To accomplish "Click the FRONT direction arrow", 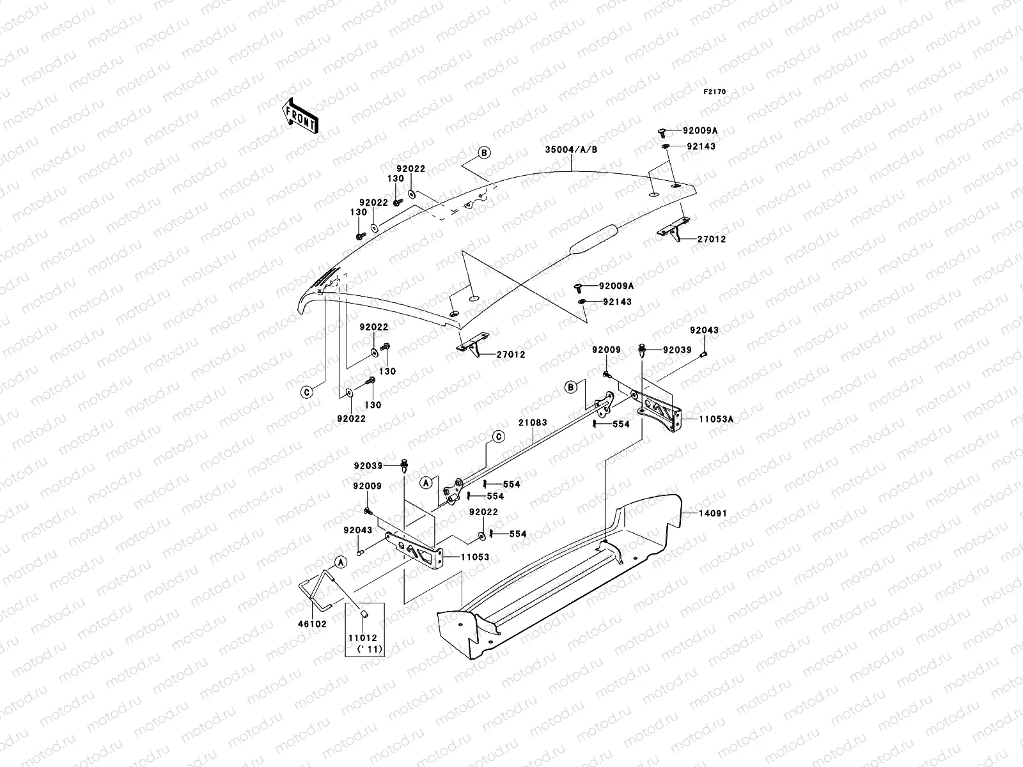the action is (301, 116).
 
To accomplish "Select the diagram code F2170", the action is (714, 92).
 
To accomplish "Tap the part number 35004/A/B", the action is (571, 150).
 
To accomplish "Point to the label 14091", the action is (713, 513).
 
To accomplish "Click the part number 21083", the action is (533, 422).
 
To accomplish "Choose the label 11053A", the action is (716, 419).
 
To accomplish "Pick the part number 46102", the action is (312, 624).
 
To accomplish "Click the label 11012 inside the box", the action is (363, 637).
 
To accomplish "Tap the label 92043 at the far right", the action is (704, 330).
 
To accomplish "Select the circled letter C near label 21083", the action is (499, 437).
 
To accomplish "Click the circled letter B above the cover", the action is (484, 152).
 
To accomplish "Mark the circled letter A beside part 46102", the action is (341, 562).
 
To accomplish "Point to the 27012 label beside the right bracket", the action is (712, 239).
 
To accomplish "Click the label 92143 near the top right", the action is (701, 146).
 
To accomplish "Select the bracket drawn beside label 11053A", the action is (659, 411).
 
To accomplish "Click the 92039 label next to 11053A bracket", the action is (677, 350).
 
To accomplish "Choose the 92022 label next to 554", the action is (484, 512).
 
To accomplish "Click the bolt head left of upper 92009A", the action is (661, 133).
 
